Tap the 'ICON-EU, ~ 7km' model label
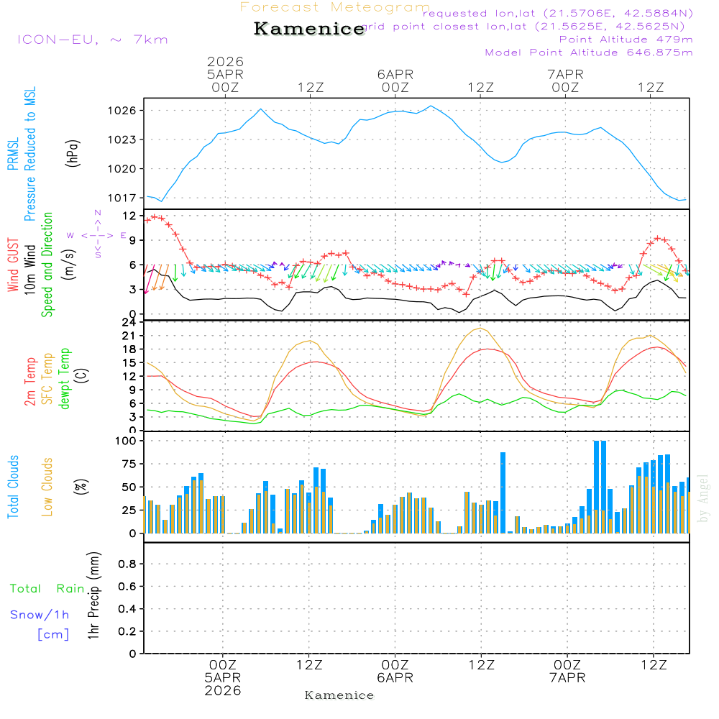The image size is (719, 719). pos(92,40)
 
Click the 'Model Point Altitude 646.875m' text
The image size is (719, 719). pos(589,52)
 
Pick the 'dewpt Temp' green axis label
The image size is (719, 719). pos(65,379)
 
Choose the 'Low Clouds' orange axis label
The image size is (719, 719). pos(47,487)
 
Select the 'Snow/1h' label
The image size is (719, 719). pos(40,615)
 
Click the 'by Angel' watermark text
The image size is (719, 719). pos(704,498)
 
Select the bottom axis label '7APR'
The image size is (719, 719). pos(567,678)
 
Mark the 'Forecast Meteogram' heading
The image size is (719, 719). pos(335,7)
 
